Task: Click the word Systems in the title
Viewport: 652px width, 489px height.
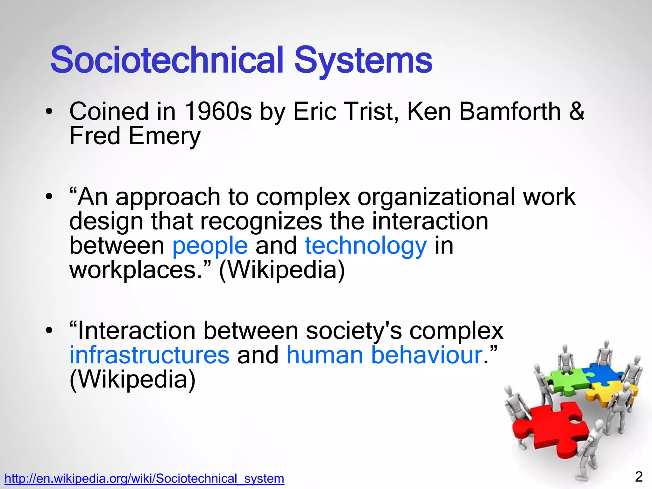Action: [x=363, y=60]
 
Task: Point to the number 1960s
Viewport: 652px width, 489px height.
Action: [x=218, y=111]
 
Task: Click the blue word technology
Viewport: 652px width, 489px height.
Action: [x=366, y=246]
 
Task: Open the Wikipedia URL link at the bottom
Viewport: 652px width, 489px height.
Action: [x=144, y=478]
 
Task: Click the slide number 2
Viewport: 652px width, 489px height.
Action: [x=639, y=477]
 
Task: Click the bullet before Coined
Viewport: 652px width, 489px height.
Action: [x=48, y=112]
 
